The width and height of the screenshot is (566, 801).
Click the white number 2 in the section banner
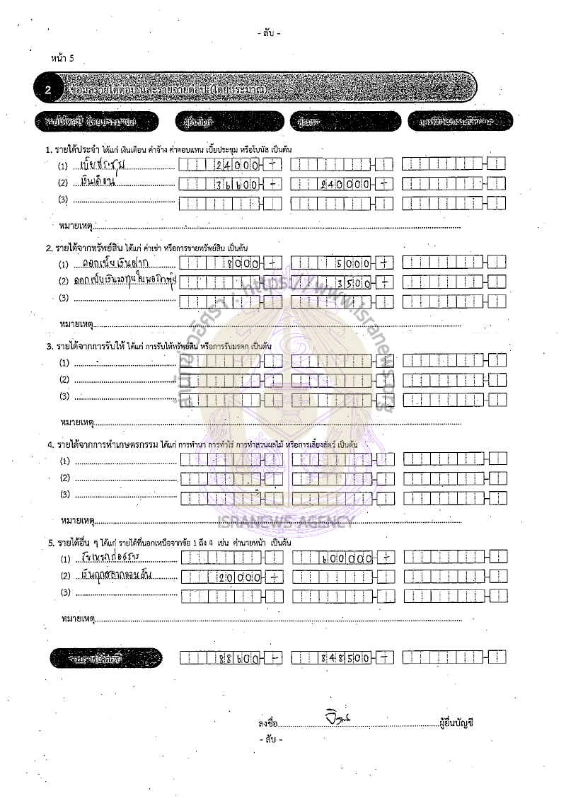(x=47, y=90)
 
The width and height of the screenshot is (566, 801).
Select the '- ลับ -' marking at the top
(x=270, y=33)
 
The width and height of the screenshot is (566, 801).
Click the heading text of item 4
(x=202, y=444)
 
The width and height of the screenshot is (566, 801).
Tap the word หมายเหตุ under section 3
(x=76, y=422)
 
